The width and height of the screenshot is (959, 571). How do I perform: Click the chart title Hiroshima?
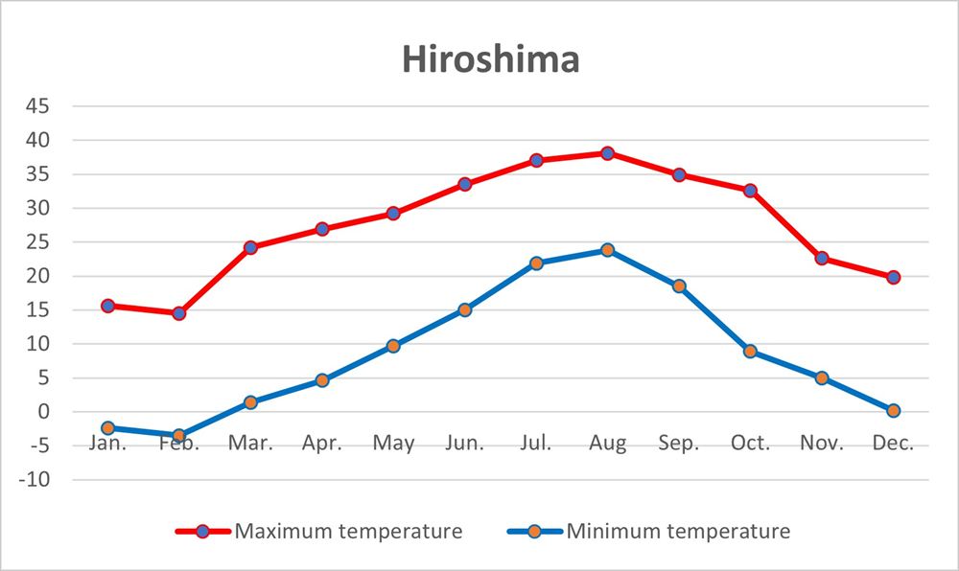click(490, 59)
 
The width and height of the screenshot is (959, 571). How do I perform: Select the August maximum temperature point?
click(607, 153)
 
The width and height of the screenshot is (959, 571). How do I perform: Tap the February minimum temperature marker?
click(179, 436)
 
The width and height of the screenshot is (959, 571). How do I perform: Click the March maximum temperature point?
click(250, 247)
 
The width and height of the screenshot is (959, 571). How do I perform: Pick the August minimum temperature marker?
click(607, 250)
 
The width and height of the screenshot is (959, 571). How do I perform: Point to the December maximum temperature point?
click(893, 277)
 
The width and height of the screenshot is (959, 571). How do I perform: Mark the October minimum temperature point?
click(750, 352)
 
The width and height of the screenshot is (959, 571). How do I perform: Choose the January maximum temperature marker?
click(107, 306)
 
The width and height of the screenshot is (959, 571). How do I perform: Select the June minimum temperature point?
click(464, 309)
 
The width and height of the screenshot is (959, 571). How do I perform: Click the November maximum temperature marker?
click(822, 259)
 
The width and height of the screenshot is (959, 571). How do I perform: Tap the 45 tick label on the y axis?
click(36, 106)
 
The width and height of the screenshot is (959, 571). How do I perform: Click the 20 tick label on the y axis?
click(36, 276)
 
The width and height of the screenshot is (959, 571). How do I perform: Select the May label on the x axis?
click(393, 444)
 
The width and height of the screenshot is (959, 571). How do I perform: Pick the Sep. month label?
click(678, 444)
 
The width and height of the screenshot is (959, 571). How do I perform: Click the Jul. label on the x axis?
click(536, 444)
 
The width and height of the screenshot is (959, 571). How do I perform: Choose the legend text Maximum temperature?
click(348, 531)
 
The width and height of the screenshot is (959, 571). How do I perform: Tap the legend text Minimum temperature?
click(678, 531)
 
